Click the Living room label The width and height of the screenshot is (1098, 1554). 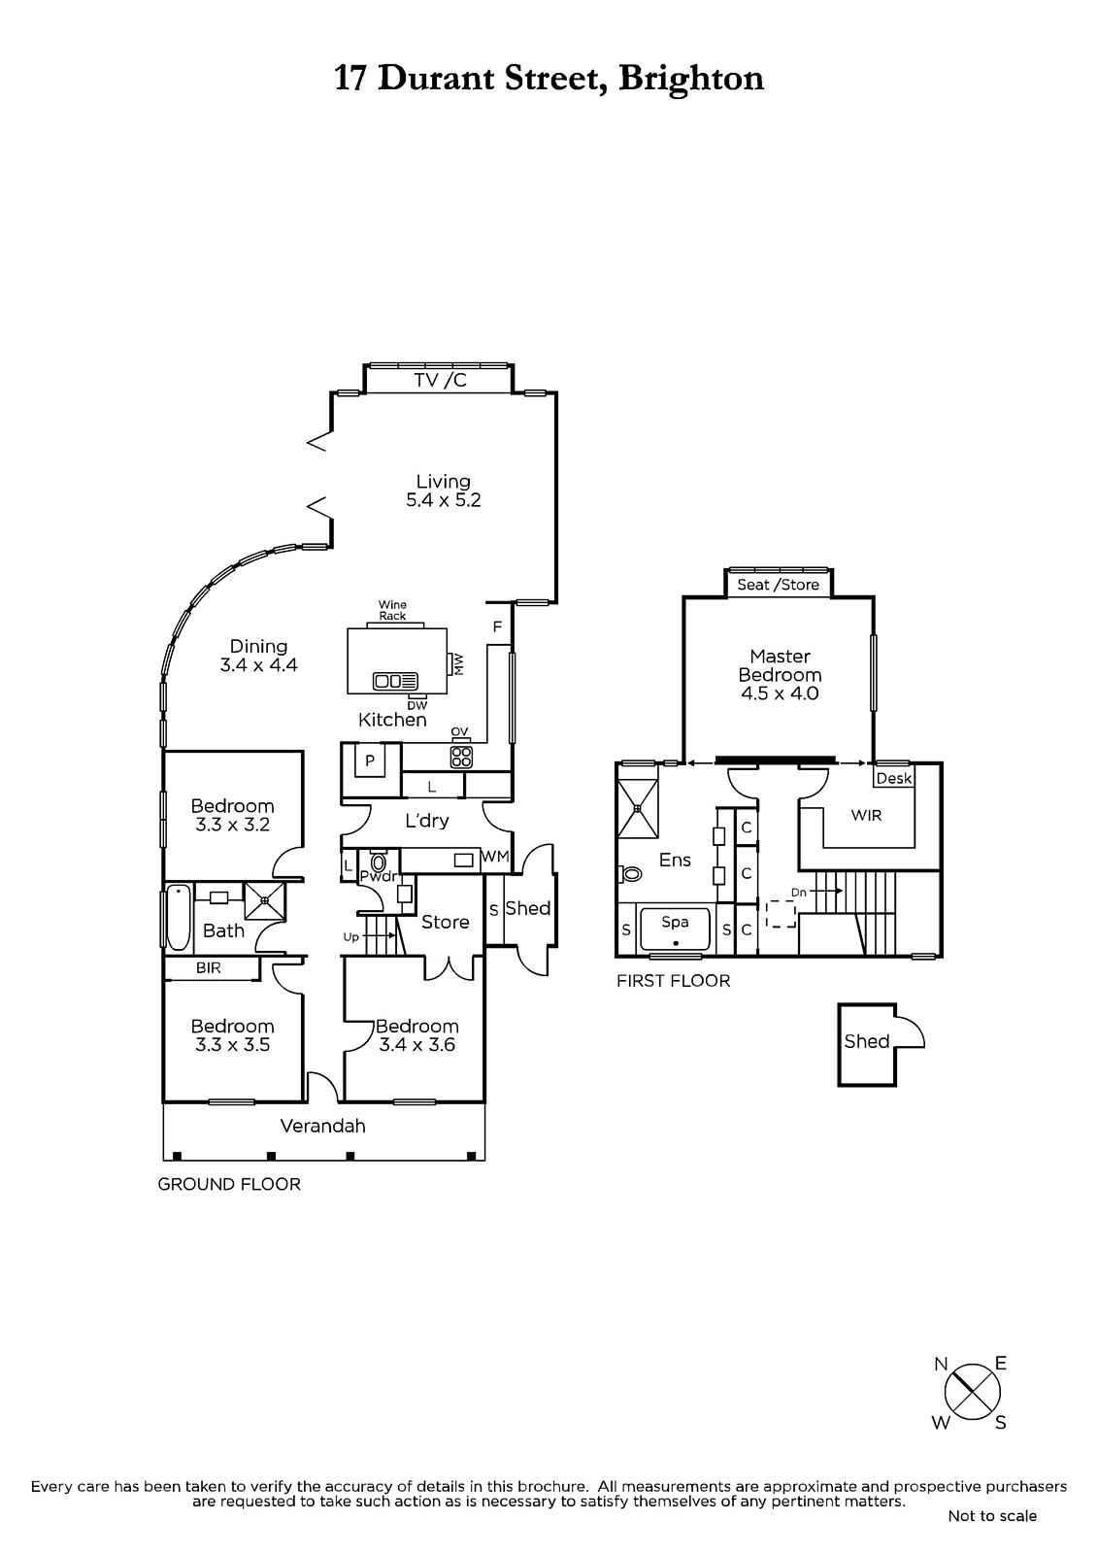[444, 482]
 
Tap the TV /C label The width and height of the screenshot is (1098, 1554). [441, 380]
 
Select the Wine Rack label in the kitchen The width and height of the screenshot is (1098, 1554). [392, 611]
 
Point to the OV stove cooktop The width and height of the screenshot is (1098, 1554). [461, 757]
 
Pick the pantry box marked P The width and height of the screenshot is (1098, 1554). [370, 760]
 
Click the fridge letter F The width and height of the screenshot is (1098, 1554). [497, 627]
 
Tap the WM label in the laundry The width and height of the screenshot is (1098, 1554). [495, 857]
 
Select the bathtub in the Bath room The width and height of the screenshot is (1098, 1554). [179, 917]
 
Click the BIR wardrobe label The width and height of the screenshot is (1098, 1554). [208, 967]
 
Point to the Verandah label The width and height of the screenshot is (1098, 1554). [322, 1126]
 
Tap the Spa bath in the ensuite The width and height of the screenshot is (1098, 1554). [675, 929]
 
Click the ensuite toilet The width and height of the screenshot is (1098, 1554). [631, 873]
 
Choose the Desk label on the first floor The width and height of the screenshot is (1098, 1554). [893, 778]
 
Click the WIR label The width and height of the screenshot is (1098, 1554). [866, 815]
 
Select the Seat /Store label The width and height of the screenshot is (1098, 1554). [779, 584]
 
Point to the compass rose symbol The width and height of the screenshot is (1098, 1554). [973, 1391]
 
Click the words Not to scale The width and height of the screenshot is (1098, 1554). [992, 1516]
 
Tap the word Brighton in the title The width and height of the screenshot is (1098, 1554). [691, 80]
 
